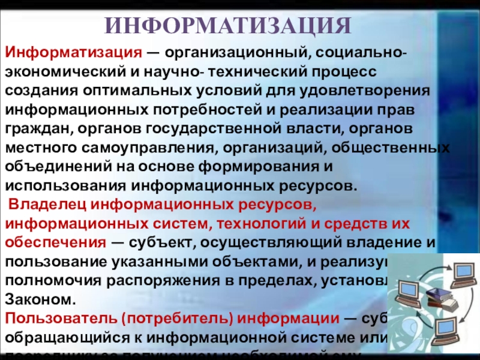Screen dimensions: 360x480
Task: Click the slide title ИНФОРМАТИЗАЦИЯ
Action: pos(227,25)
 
